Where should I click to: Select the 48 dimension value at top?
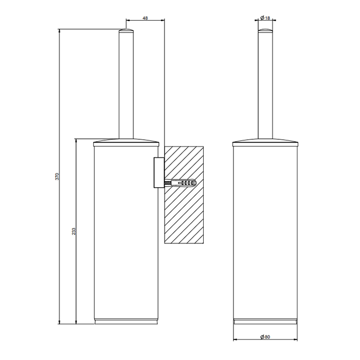click(145, 19)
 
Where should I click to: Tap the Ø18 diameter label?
click(265, 18)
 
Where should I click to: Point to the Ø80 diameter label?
click(265, 337)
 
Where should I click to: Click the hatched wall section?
click(184, 216)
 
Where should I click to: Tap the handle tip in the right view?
click(265, 32)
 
